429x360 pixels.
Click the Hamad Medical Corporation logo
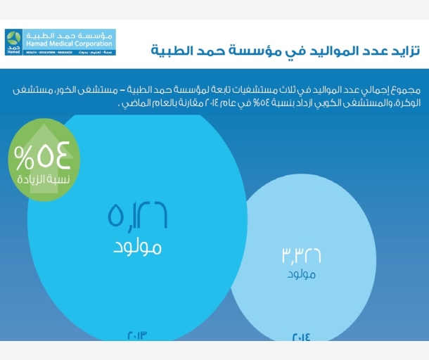point(60,42)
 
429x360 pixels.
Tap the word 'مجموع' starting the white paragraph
point(406,91)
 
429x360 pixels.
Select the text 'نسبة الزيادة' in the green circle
point(40,179)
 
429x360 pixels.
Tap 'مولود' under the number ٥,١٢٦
point(137,247)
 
